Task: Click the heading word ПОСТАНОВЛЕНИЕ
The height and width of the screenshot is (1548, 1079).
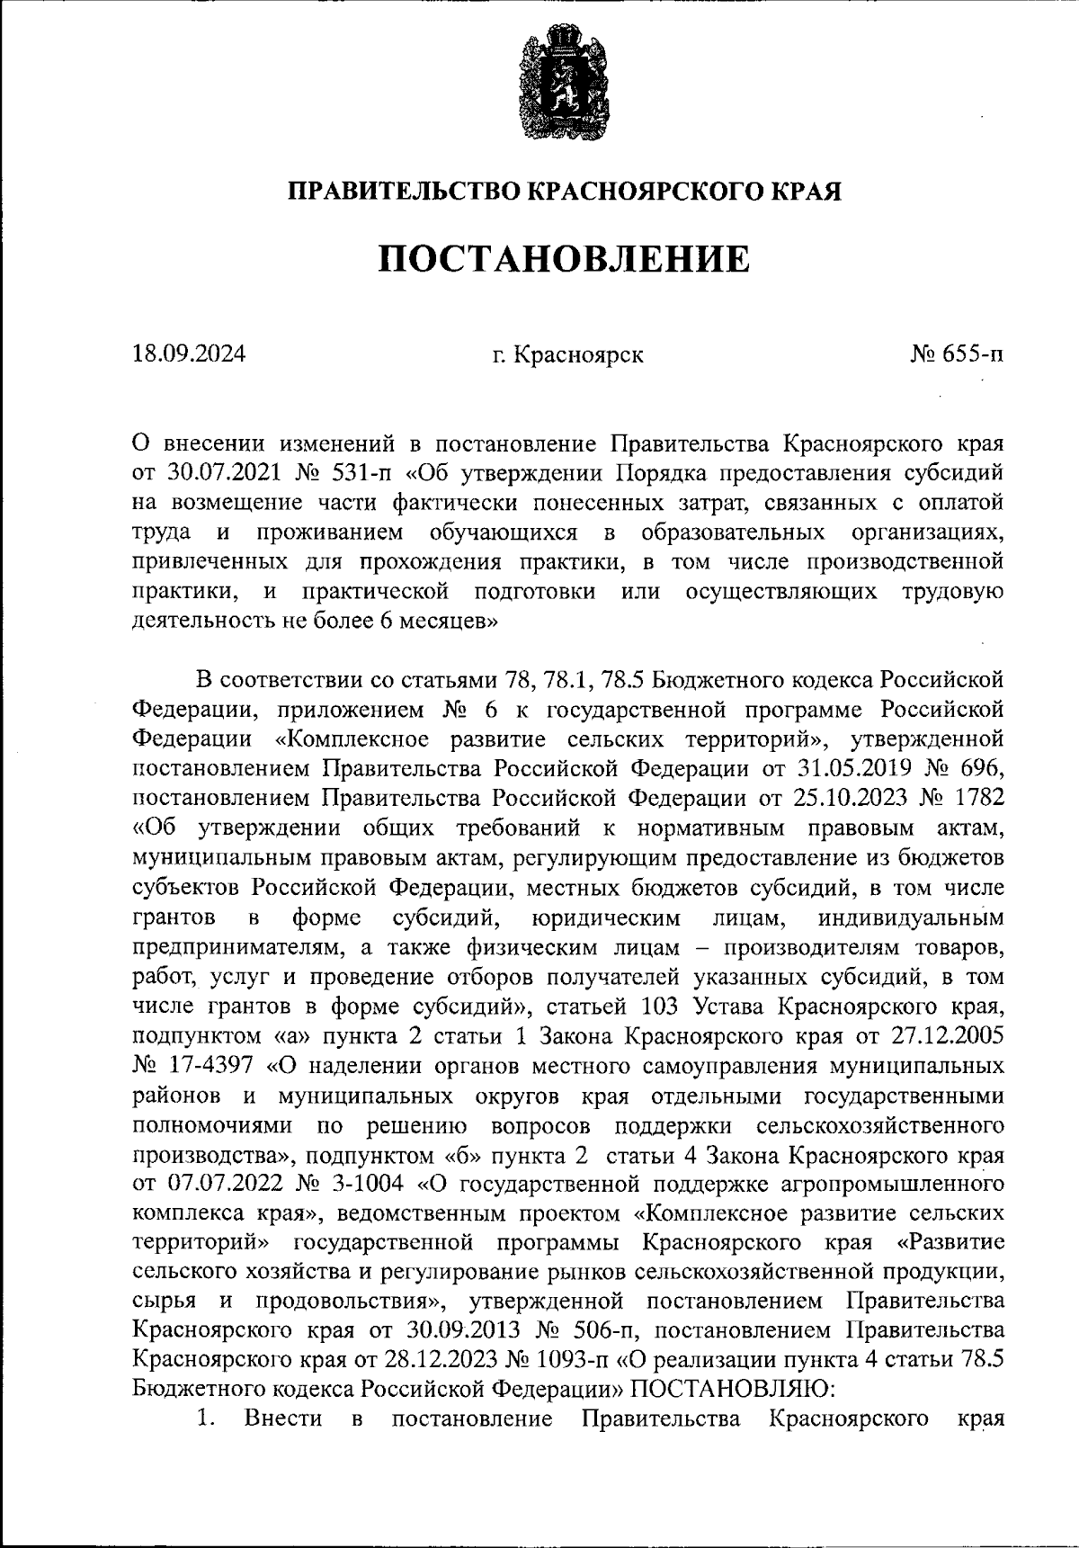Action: pyautogui.click(x=563, y=259)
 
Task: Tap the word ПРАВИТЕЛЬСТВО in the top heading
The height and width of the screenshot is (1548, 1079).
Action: pyautogui.click(x=403, y=191)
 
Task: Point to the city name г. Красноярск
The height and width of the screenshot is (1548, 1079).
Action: pyautogui.click(x=567, y=354)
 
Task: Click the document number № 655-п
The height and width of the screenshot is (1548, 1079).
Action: pyautogui.click(x=957, y=354)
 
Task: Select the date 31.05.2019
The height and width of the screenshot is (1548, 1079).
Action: pyautogui.click(x=853, y=769)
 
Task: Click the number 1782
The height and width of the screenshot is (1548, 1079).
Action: pyautogui.click(x=976, y=799)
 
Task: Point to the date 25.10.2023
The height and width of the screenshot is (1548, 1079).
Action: pyautogui.click(x=852, y=799)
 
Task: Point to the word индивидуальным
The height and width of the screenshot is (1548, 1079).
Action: pyautogui.click(x=910, y=918)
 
